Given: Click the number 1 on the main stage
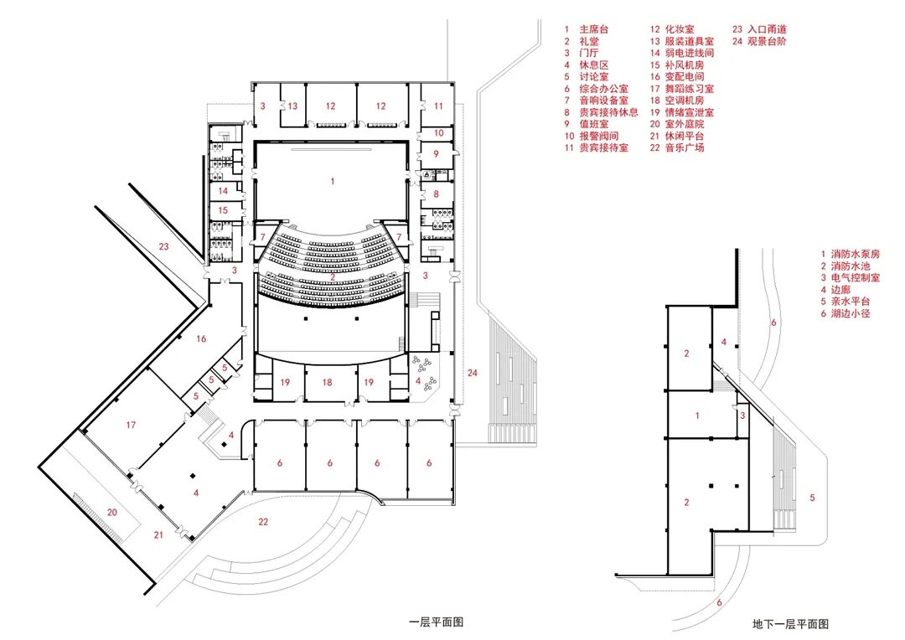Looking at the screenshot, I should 333,180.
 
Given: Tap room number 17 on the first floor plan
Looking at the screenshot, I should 131,425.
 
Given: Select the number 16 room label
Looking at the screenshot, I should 200,338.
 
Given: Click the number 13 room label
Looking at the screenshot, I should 292,106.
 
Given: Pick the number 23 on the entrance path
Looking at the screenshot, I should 163,246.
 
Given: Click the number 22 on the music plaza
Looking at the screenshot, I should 263,522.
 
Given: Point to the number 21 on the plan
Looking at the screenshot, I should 158,534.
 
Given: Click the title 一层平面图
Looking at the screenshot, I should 436,622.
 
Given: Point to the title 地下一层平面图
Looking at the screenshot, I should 790,624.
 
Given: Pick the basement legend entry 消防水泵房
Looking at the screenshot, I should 855,253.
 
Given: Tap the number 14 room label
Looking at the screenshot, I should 224,190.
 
